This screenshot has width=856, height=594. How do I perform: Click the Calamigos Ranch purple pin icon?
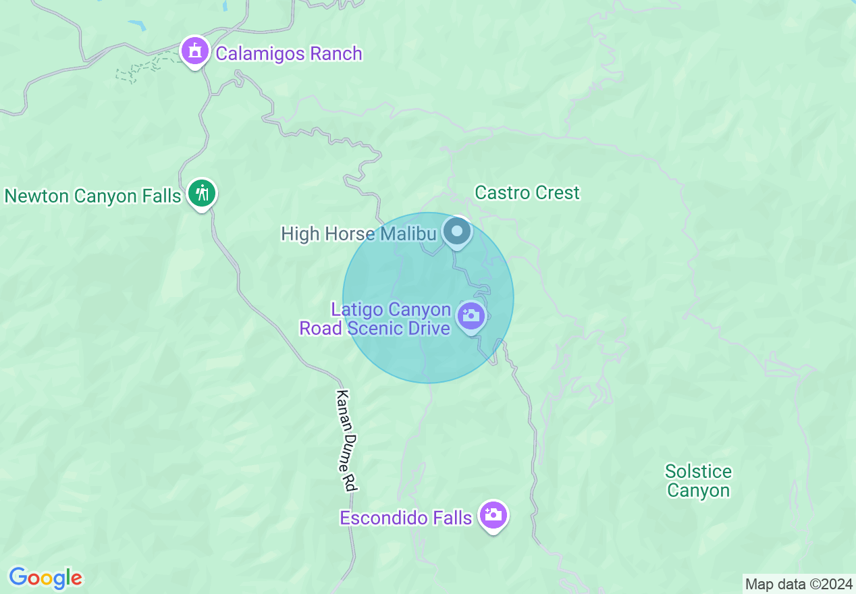(195, 51)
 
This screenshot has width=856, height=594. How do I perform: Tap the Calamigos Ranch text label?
(289, 53)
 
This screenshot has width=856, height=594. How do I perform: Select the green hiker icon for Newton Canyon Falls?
(201, 194)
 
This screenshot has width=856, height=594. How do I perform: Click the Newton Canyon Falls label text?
(92, 196)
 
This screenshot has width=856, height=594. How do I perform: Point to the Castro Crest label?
(527, 192)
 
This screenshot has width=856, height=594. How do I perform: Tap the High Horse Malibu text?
(358, 234)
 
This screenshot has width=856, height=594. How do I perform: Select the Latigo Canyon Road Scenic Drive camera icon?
(471, 316)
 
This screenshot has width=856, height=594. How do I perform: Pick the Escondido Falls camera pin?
(493, 516)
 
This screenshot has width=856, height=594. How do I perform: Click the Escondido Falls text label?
(405, 518)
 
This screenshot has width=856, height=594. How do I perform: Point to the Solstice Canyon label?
(698, 481)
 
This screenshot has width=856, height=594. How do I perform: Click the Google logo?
(45, 578)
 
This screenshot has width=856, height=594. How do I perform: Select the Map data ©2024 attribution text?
(799, 584)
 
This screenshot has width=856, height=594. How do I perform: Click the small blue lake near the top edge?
(137, 25)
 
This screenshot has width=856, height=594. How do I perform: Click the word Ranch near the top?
(336, 53)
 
